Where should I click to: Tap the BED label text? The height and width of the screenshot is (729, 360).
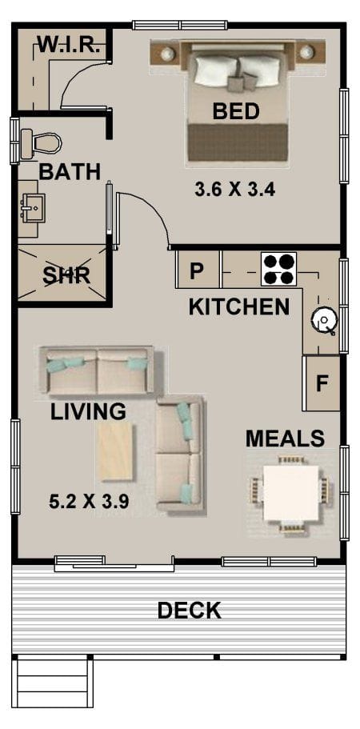tap(235, 111)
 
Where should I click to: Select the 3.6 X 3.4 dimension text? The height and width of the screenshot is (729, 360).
tap(235, 190)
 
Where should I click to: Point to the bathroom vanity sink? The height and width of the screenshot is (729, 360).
tap(32, 209)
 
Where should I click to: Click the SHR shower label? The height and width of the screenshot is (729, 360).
tap(66, 275)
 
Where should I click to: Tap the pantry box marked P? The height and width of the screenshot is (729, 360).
tap(197, 270)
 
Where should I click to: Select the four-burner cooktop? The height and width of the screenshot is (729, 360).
tap(279, 269)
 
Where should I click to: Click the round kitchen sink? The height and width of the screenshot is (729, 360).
tap(324, 321)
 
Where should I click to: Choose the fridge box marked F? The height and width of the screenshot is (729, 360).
tap(322, 383)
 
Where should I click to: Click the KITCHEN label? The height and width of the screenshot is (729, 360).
tap(238, 306)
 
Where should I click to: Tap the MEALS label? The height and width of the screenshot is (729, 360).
tap(285, 439)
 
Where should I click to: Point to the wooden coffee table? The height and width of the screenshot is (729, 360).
tap(116, 451)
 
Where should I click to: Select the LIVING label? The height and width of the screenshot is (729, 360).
tap(88, 412)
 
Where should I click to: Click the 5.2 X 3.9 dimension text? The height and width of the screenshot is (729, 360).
tap(90, 503)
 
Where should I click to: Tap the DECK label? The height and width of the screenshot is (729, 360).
tap(189, 611)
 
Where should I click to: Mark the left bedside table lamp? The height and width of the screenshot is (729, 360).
tap(167, 54)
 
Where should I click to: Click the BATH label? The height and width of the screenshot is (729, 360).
tap(70, 171)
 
